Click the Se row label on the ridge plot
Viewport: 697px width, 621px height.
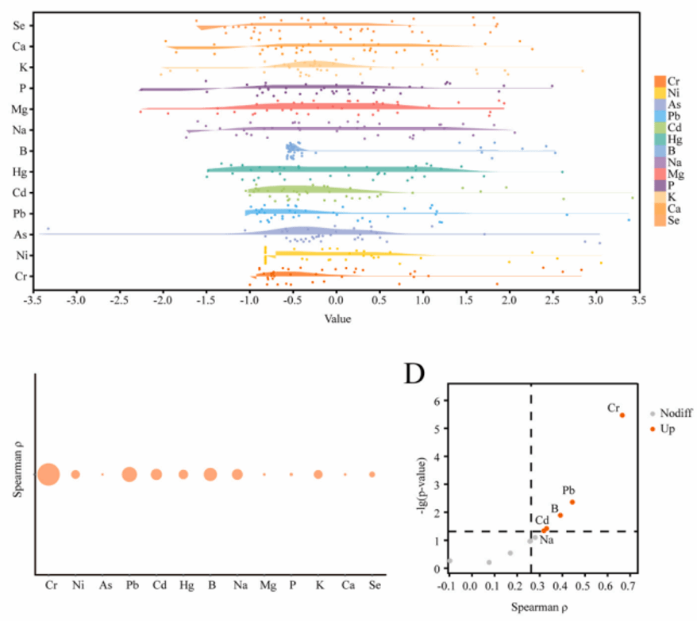[18, 25]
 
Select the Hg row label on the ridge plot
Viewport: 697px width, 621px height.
[18, 171]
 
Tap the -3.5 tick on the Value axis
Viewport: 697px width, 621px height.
[33, 303]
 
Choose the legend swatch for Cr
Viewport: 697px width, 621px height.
[660, 81]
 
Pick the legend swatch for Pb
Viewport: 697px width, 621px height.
[660, 115]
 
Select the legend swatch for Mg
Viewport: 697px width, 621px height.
[660, 173]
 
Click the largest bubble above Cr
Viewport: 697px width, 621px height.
[48, 474]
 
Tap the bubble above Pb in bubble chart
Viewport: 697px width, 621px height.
[129, 474]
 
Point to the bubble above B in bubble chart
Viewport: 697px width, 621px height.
[210, 474]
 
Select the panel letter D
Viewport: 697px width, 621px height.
[415, 374]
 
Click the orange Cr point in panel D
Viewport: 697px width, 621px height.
[622, 415]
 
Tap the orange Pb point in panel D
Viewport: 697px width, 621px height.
[572, 502]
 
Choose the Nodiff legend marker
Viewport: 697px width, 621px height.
[653, 414]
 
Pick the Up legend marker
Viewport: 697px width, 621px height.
[653, 429]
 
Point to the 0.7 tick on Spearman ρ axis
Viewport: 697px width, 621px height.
[623, 586]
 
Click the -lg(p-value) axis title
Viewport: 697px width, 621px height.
[422, 484]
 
